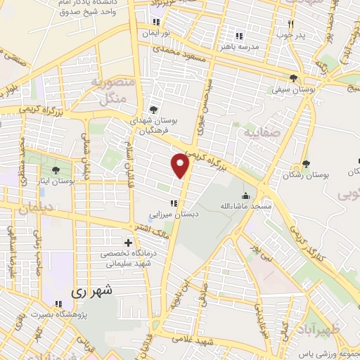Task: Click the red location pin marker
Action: (181, 165)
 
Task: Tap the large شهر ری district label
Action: (92, 290)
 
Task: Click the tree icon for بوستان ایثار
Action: (56, 170)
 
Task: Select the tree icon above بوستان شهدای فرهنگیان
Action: (153, 109)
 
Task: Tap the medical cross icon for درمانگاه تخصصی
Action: (127, 243)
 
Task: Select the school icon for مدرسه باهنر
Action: (238, 36)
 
